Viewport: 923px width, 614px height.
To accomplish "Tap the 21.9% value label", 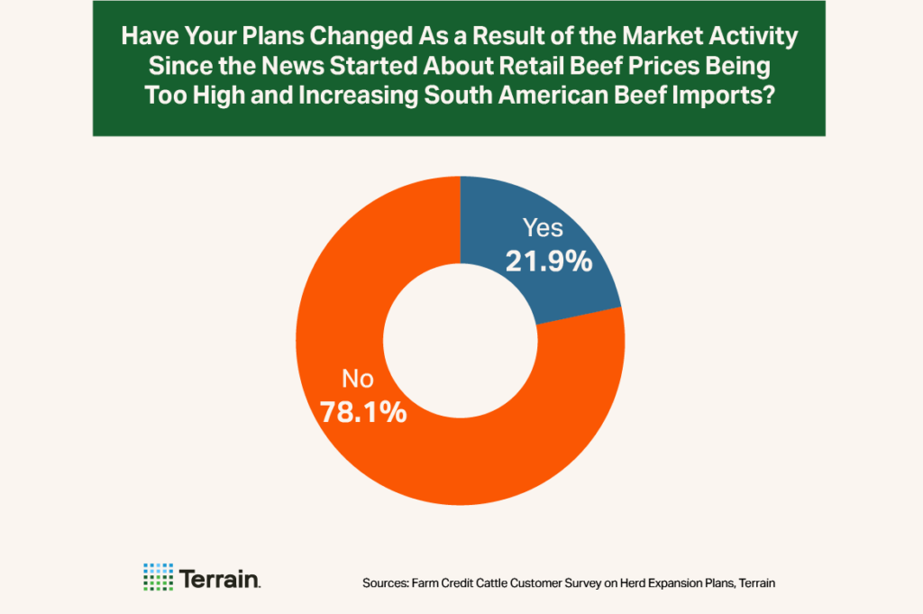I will (548, 261).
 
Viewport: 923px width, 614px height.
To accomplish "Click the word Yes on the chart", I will (543, 230).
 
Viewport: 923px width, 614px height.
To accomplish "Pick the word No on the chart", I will (355, 380).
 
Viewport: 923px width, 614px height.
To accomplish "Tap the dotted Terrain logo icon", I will (159, 577).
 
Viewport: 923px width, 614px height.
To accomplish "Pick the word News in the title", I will (298, 68).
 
